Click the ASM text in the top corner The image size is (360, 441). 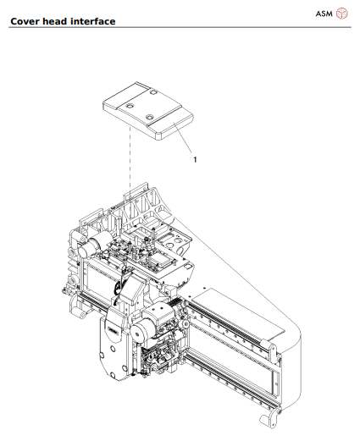tap(324, 13)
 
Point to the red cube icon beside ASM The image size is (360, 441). tap(342, 13)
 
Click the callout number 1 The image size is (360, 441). tap(195, 158)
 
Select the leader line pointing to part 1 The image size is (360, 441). tap(184, 141)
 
